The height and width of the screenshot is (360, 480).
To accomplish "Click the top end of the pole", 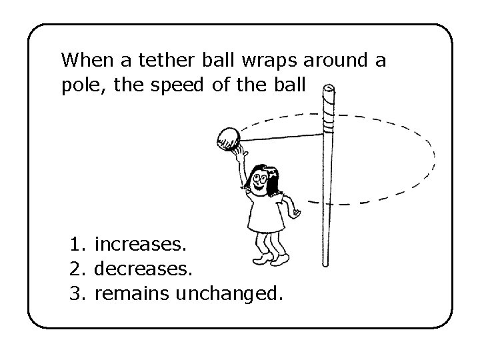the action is (x=328, y=89).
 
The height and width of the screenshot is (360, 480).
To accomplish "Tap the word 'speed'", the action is (x=170, y=86).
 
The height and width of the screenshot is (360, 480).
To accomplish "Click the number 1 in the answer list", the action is (x=75, y=245).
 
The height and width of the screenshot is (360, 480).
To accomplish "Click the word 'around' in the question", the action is (x=338, y=61).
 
